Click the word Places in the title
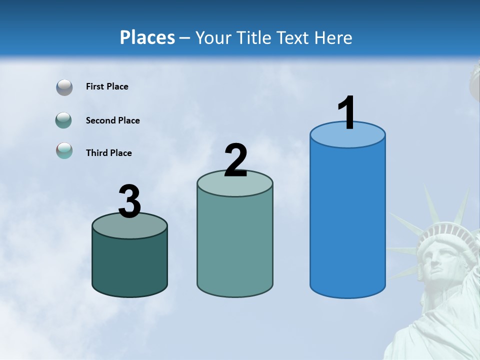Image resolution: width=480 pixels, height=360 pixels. click(x=147, y=38)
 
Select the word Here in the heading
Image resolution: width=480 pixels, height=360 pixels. click(x=334, y=38)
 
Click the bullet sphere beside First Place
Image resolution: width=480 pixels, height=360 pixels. click(x=64, y=87)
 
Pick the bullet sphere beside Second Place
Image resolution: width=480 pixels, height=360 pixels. click(x=64, y=120)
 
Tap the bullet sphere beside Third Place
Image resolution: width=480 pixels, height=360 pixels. click(x=64, y=150)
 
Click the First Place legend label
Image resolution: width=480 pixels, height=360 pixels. click(x=107, y=86)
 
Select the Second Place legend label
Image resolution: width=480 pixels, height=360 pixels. click(x=112, y=120)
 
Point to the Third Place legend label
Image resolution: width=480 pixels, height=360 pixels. click(x=108, y=153)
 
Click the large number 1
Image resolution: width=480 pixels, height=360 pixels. click(x=347, y=112)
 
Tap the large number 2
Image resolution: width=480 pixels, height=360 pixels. click(x=236, y=160)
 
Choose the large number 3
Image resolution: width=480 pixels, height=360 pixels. click(x=130, y=201)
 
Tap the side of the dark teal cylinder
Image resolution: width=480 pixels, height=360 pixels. click(x=130, y=265)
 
